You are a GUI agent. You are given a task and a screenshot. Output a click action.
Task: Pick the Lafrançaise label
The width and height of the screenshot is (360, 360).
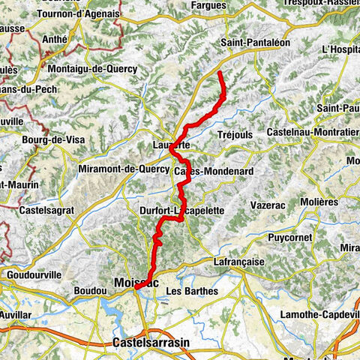click(239, 262)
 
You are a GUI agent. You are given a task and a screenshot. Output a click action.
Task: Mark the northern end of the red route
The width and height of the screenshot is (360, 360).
click(219, 73)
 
